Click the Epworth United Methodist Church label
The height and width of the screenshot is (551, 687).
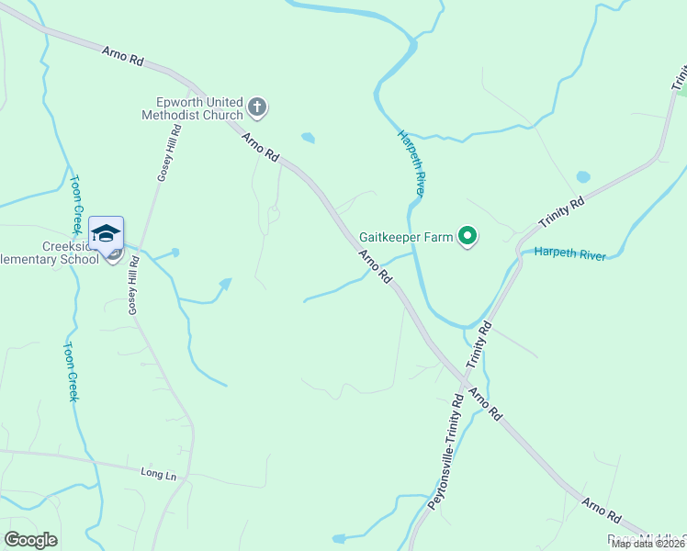coord(192,108)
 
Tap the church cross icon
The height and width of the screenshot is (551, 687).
coord(257,108)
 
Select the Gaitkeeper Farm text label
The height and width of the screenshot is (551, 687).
coord(406,237)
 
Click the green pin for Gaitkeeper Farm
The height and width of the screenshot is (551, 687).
coord(467,238)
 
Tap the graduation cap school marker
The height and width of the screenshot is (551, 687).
coord(106,233)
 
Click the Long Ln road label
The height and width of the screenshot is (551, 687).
coord(158,473)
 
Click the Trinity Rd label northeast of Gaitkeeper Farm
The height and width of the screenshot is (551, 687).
coord(562,214)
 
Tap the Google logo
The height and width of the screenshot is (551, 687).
coord(30,540)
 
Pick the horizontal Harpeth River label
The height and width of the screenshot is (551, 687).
coord(569,253)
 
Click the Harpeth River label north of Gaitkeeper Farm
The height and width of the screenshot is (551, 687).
coord(411,163)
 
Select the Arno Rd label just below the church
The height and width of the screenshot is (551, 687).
coord(260,148)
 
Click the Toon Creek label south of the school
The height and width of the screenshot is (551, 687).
coord(71,371)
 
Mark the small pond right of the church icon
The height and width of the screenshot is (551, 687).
coord(308,139)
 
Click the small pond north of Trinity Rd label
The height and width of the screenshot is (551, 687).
coord(582,176)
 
